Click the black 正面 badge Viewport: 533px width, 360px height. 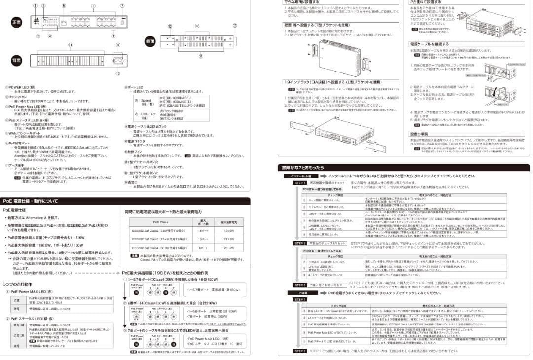pyautogui.click(x=17, y=23)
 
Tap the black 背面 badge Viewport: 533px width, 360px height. pyautogui.click(x=17, y=60)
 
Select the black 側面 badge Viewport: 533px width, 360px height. pyautogui.click(x=151, y=41)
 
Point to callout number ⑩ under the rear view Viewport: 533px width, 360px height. pyautogui.click(x=118, y=73)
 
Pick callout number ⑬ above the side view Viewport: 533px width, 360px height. pyautogui.click(x=170, y=26)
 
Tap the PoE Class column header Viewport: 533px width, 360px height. pyautogui.click(x=160, y=222)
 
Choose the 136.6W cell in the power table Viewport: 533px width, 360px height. pyautogui.click(x=228, y=231)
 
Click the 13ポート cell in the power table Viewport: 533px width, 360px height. pyautogui.click(x=201, y=239)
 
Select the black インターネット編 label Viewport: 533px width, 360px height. pyautogui.click(x=301, y=176)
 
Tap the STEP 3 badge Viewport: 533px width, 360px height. pyautogui.click(x=300, y=285)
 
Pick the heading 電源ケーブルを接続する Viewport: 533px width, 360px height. pyautogui.click(x=429, y=44)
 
